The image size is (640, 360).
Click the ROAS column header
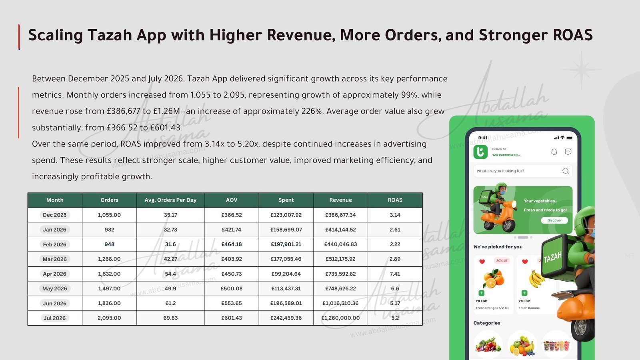(395, 200)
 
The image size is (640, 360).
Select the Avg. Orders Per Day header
(170, 200)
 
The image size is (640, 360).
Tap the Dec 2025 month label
(54, 215)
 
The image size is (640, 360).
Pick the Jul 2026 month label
(54, 318)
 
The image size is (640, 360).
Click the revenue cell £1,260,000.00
(340, 318)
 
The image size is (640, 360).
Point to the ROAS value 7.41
(395, 274)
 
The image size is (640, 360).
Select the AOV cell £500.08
(232, 288)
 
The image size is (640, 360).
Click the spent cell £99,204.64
(286, 274)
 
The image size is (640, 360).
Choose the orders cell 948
(110, 244)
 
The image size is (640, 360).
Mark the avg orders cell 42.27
(170, 259)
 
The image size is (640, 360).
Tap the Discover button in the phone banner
(554, 220)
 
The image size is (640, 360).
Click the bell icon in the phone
(554, 152)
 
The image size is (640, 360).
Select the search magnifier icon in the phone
(566, 171)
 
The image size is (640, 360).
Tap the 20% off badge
(502, 260)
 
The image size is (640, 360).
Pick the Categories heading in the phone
(486, 323)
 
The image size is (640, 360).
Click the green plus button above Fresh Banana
(524, 293)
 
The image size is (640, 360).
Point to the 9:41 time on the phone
(482, 138)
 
